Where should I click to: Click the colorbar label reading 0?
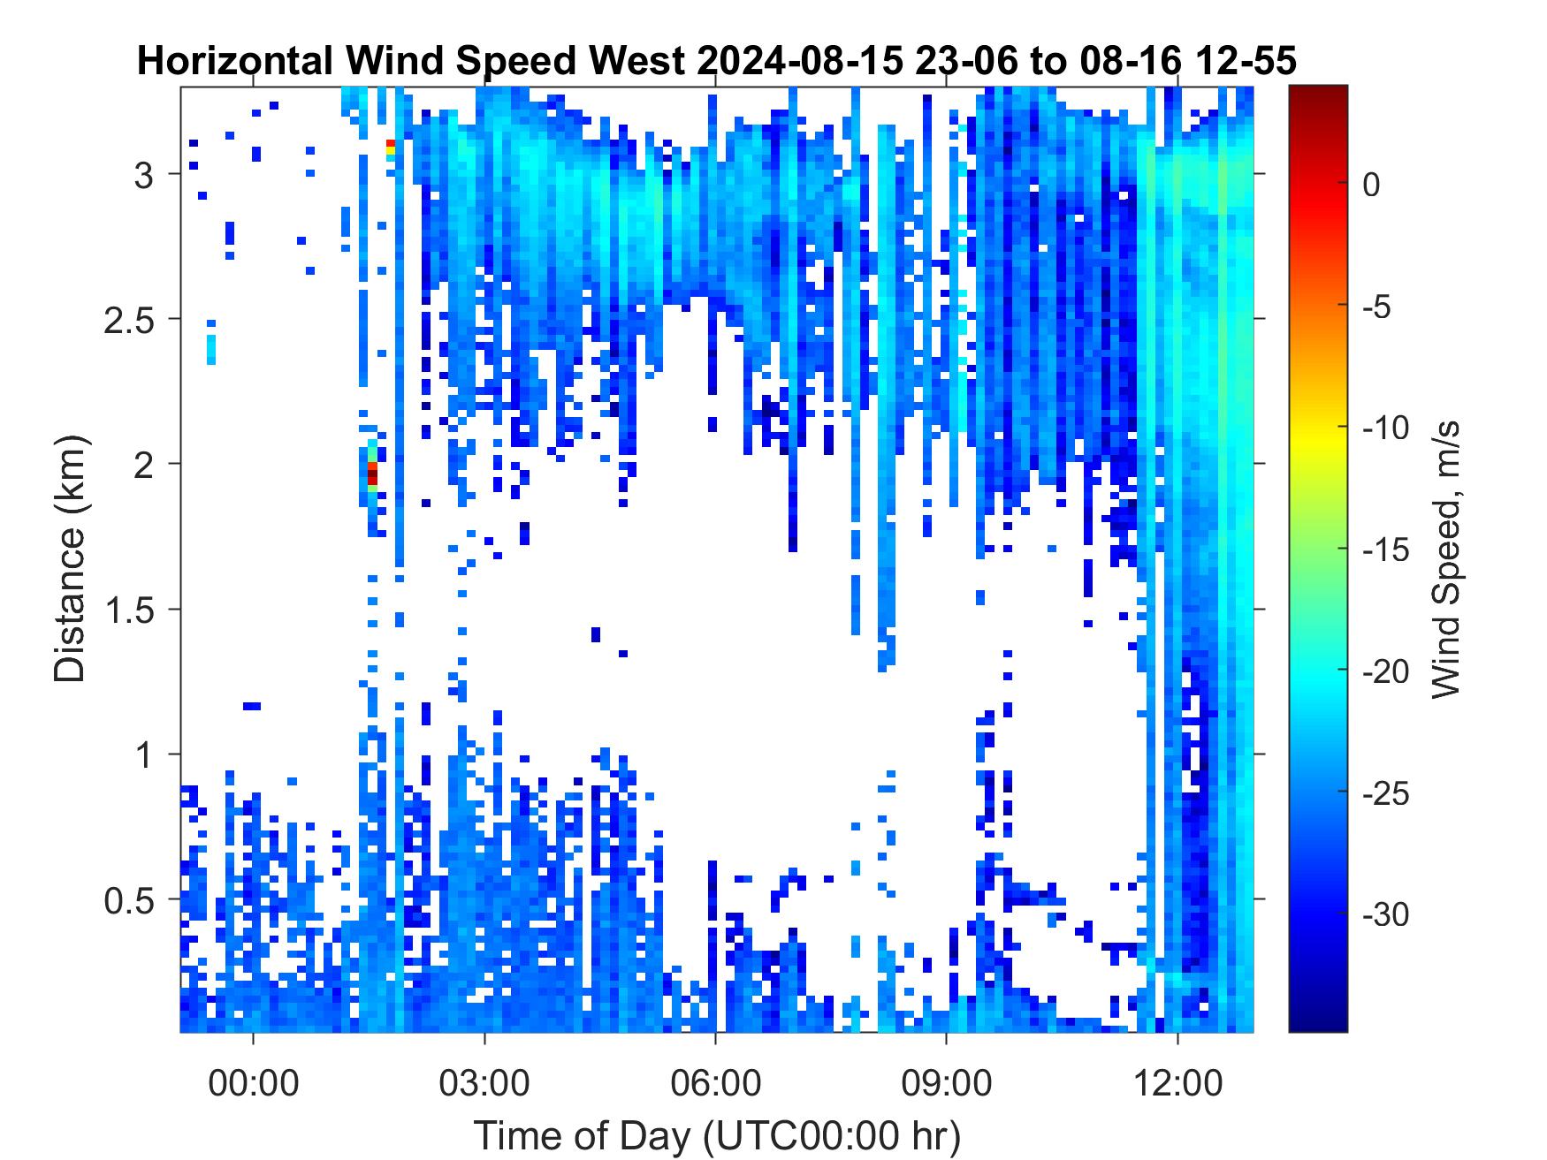point(1371,186)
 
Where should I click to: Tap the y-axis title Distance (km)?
point(71,558)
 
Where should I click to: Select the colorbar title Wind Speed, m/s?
point(1444,558)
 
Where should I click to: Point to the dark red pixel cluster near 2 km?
point(372,473)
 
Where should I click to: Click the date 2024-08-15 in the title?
point(809,62)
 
